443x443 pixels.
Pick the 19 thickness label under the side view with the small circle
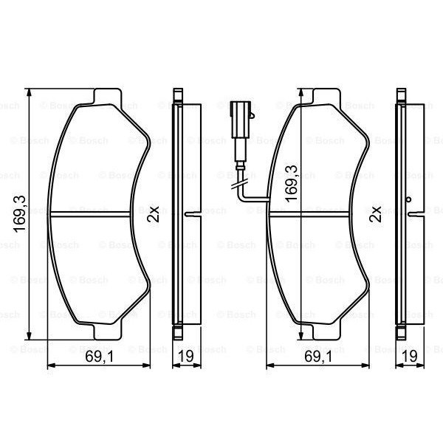(x=410, y=357)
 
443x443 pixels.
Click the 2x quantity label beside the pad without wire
(x=153, y=214)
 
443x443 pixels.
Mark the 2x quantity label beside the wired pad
(x=377, y=214)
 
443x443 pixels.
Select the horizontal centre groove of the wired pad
(x=317, y=215)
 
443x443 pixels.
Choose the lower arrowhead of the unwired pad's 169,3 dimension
(x=29, y=336)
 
